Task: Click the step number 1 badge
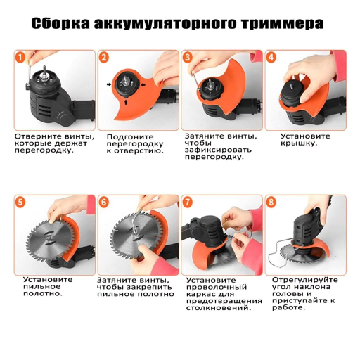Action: pyautogui.click(x=21, y=57)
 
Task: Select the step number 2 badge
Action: pyautogui.click(x=105, y=57)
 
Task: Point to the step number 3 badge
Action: pyautogui.click(x=188, y=57)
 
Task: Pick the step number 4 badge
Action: pyautogui.click(x=271, y=57)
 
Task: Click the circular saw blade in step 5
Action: pyautogui.click(x=48, y=239)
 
